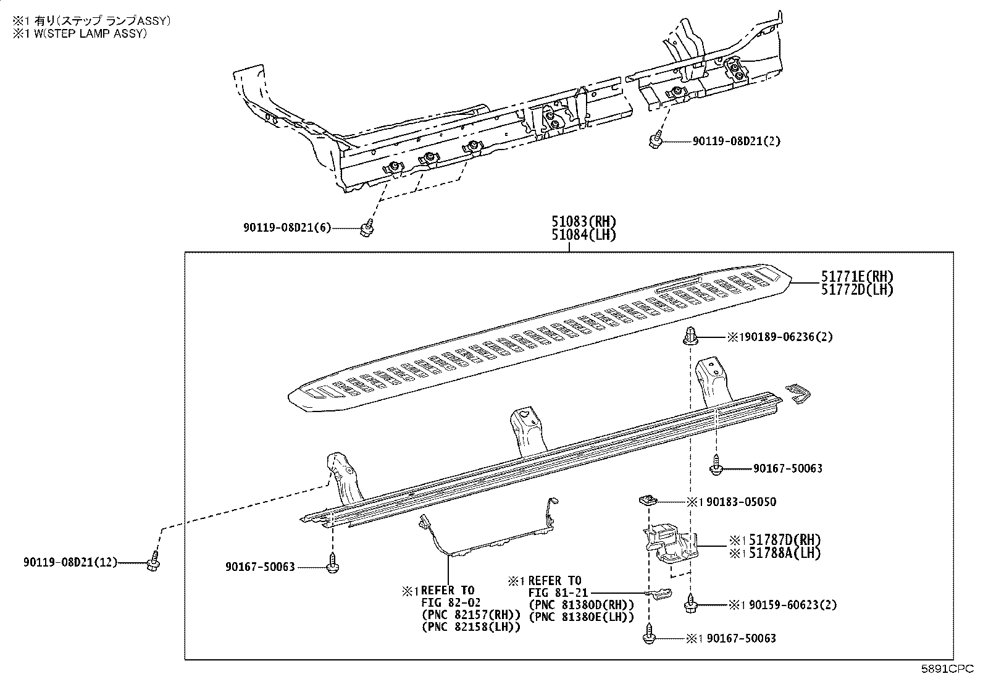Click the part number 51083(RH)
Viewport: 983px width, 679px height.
pyautogui.click(x=584, y=222)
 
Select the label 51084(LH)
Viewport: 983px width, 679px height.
pyautogui.click(x=584, y=235)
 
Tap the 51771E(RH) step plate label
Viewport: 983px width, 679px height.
pyautogui.click(x=856, y=277)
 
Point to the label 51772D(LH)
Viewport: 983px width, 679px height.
pyautogui.click(x=856, y=290)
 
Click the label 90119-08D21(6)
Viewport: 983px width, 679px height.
pyautogui.click(x=287, y=228)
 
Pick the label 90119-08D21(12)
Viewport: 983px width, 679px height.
pyautogui.click(x=70, y=562)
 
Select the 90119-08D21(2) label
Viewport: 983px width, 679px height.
pyautogui.click(x=736, y=141)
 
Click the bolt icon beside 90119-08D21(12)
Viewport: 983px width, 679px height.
pyautogui.click(x=153, y=563)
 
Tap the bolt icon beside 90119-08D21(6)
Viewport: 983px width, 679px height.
pyautogui.click(x=367, y=230)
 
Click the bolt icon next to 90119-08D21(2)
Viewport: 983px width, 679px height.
pyautogui.click(x=657, y=141)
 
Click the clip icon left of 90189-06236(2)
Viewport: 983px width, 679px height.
pyautogui.click(x=690, y=337)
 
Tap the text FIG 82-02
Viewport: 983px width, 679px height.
pyautogui.click(x=451, y=602)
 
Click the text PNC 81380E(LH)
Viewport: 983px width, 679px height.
pyautogui.click(x=581, y=617)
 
